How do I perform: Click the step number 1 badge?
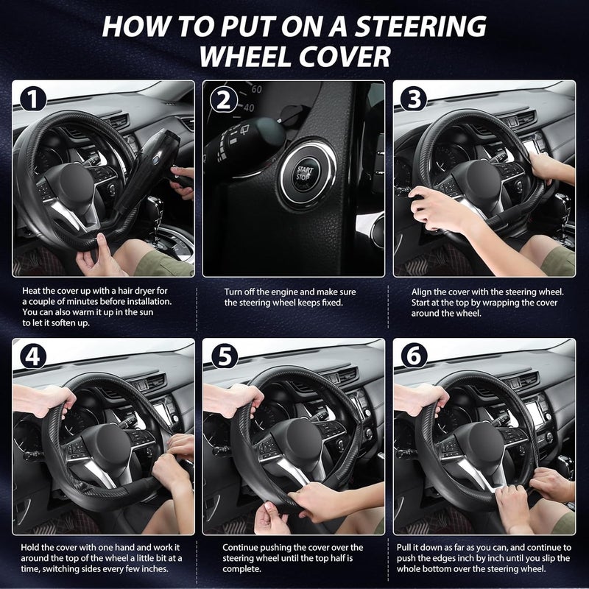click(33, 99)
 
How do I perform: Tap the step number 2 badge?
click(224, 99)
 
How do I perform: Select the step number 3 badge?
click(414, 99)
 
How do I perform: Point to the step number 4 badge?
click(33, 356)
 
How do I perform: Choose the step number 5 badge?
click(225, 356)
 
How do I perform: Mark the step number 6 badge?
click(415, 356)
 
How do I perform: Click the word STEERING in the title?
click(420, 27)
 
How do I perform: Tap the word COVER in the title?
click(345, 57)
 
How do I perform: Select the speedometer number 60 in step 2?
click(256, 89)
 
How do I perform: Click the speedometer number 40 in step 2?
click(249, 108)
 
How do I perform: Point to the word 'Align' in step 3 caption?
click(421, 292)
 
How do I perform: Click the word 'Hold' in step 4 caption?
click(29, 547)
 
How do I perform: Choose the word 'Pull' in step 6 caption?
click(404, 548)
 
